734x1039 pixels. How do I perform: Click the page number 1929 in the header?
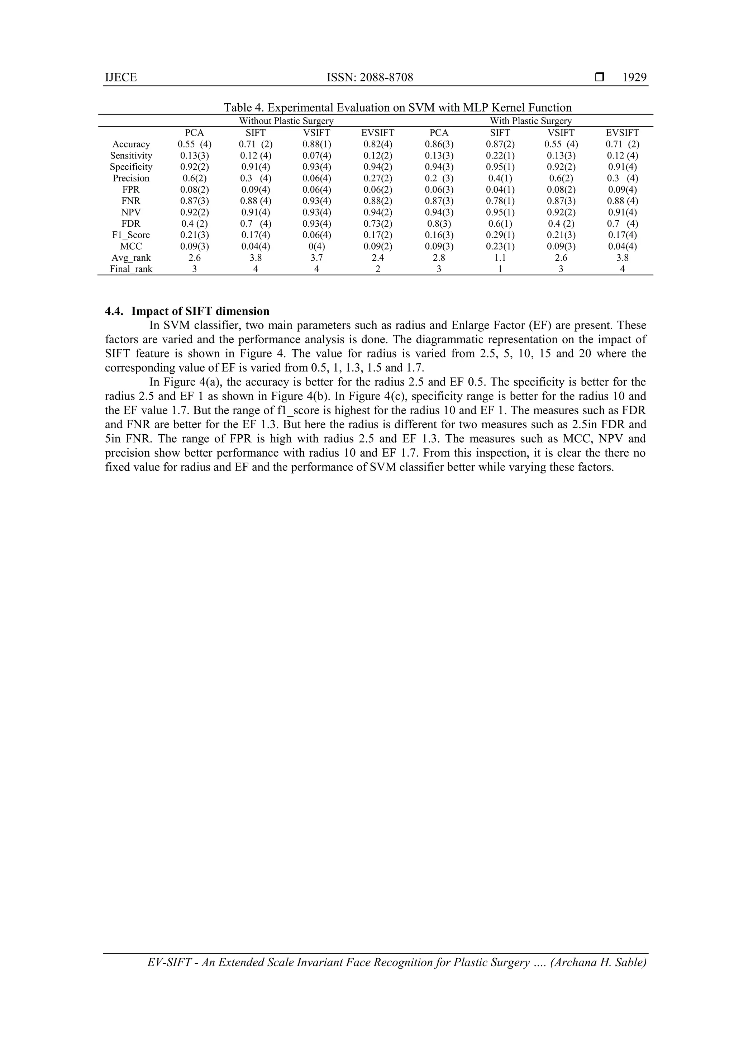pyautogui.click(x=634, y=77)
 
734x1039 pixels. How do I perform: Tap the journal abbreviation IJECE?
pyautogui.click(x=121, y=77)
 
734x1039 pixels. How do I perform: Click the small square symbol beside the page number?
pyautogui.click(x=600, y=77)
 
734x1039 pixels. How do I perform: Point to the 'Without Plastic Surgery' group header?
pyautogui.click(x=286, y=121)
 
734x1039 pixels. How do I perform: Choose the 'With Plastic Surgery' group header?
pyautogui.click(x=531, y=121)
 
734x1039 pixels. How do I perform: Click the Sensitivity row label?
pyautogui.click(x=131, y=156)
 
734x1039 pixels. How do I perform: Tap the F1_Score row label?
pyautogui.click(x=131, y=235)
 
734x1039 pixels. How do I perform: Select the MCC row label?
pyautogui.click(x=131, y=246)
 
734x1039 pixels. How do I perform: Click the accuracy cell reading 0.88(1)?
pyautogui.click(x=316, y=145)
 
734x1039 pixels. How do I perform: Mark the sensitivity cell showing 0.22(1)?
pyautogui.click(x=500, y=156)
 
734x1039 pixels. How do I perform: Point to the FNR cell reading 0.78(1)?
pyautogui.click(x=500, y=201)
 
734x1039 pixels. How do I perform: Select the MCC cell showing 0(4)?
pyautogui.click(x=316, y=246)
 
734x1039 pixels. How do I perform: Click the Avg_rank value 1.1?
pyautogui.click(x=500, y=258)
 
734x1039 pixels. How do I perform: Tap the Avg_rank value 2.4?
pyautogui.click(x=378, y=258)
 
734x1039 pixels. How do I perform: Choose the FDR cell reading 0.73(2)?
pyautogui.click(x=378, y=223)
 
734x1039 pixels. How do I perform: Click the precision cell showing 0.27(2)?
pyautogui.click(x=378, y=178)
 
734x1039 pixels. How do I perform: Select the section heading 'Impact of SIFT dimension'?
pyautogui.click(x=200, y=311)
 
